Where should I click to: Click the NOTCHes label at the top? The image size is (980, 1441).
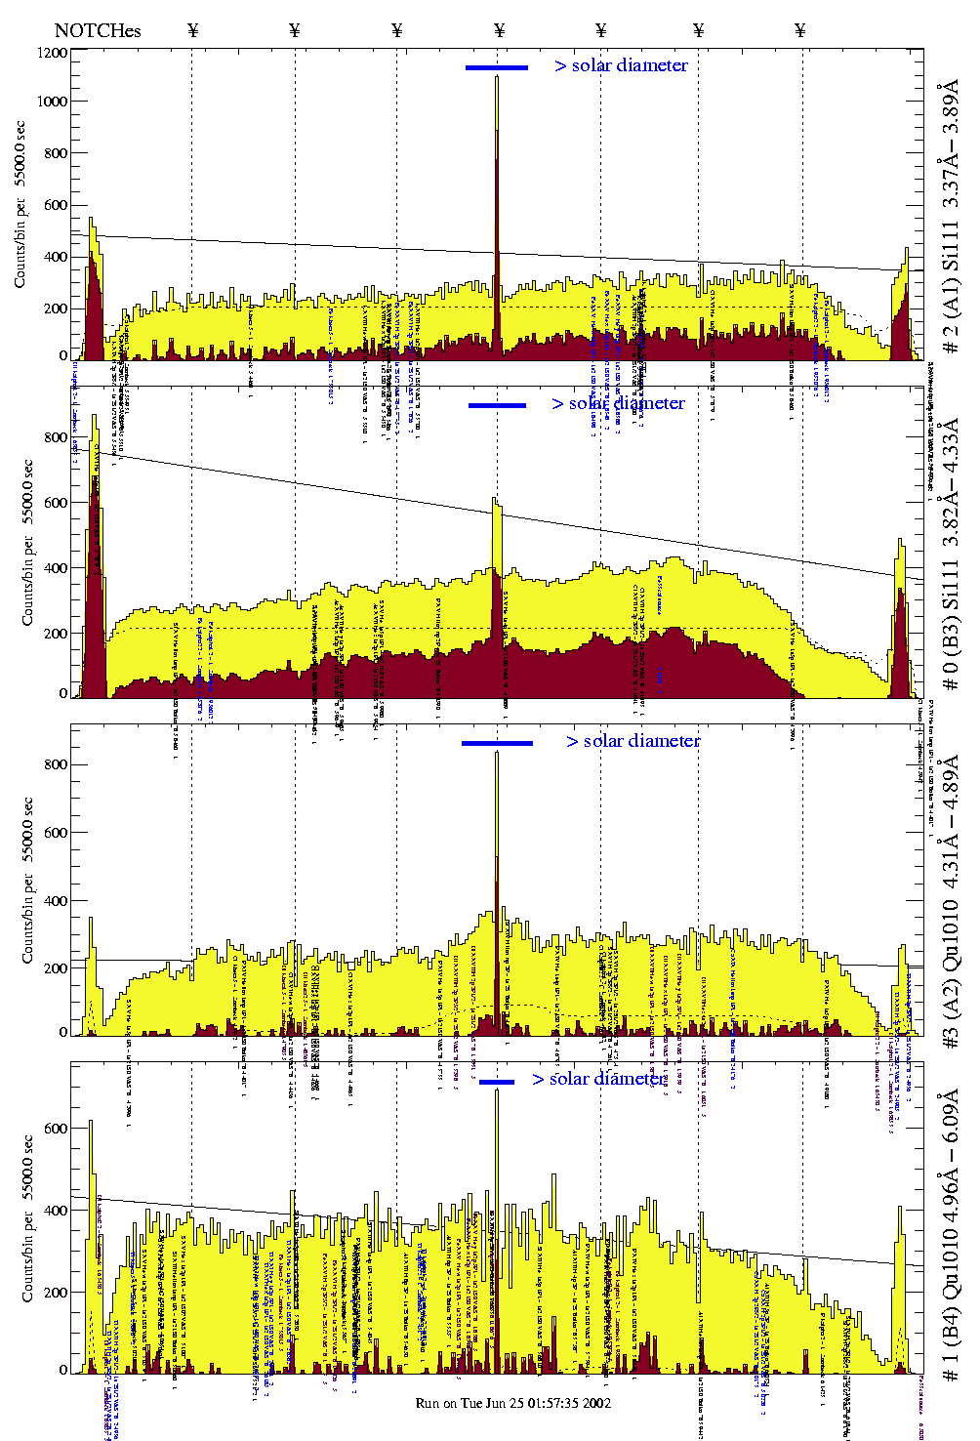[x=98, y=30]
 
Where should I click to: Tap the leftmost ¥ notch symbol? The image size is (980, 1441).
[x=192, y=30]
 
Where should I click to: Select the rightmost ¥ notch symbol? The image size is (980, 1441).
[x=800, y=30]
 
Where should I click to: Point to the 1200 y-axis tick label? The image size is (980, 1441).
[x=52, y=53]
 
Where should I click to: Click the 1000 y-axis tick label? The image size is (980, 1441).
[x=52, y=102]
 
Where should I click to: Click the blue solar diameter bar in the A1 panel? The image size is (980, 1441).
[x=496, y=67]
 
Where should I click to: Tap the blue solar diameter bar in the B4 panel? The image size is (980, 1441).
[x=496, y=1082]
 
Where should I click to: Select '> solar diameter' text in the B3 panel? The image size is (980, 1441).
[x=618, y=403]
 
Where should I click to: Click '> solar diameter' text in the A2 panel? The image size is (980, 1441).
[x=633, y=741]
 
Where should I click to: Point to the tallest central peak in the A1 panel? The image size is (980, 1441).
[x=496, y=78]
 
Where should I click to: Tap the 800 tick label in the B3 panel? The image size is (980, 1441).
[x=56, y=437]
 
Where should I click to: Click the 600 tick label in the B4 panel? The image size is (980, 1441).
[x=56, y=1128]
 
